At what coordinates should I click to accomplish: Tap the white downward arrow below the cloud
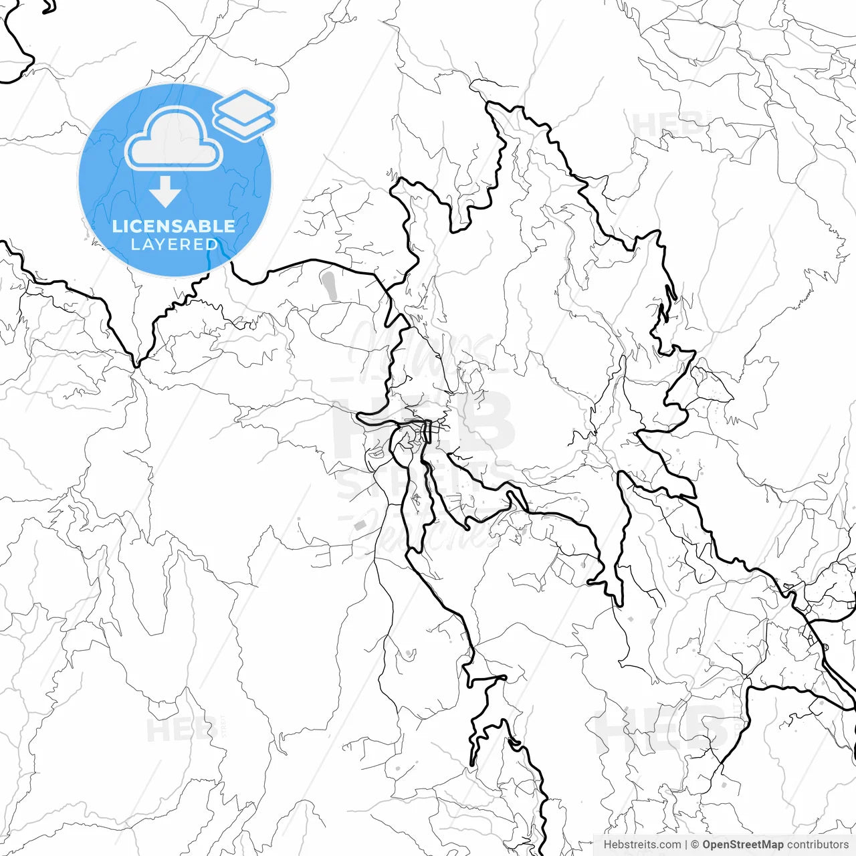[165, 193]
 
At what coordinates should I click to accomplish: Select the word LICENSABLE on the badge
[174, 226]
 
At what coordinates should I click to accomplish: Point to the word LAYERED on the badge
[174, 245]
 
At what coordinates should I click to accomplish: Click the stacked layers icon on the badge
[244, 114]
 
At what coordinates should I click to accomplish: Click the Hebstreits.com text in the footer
[642, 845]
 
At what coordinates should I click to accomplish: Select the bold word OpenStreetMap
[743, 845]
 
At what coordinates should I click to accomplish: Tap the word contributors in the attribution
[817, 845]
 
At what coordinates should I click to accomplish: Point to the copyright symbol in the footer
[695, 845]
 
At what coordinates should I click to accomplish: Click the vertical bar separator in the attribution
[686, 845]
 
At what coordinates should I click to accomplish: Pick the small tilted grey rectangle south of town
[361, 524]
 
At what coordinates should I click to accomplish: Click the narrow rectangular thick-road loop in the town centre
[428, 431]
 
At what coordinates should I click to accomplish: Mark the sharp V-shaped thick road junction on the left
[136, 365]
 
